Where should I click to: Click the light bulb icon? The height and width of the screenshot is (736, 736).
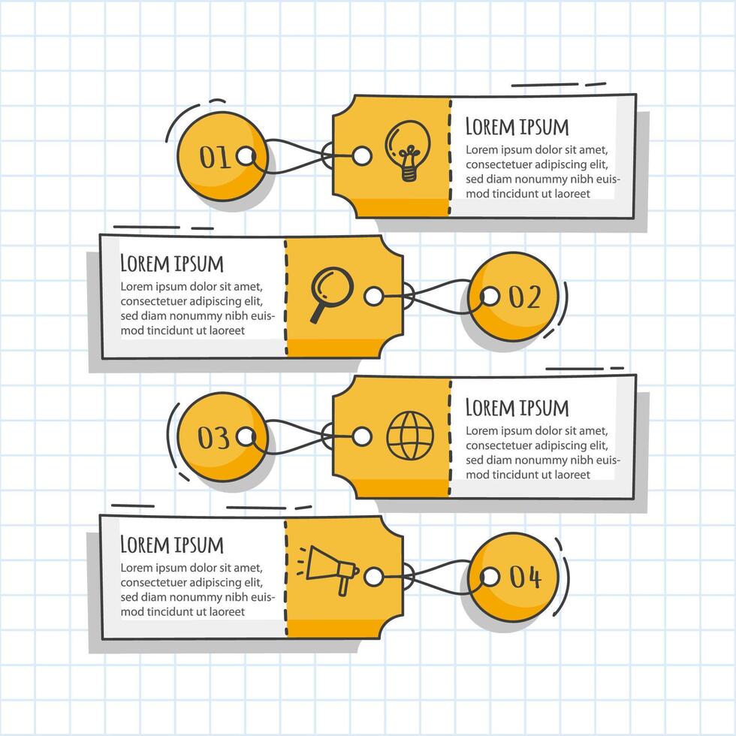[x=408, y=151]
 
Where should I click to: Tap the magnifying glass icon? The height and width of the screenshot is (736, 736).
[x=331, y=294]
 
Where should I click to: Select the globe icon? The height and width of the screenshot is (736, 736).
[x=410, y=436]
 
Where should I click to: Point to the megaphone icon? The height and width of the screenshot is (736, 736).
[x=328, y=569]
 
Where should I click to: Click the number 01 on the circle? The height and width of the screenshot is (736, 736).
[x=215, y=157]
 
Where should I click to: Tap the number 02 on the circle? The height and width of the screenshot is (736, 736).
[x=525, y=297]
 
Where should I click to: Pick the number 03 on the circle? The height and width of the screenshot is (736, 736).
[x=213, y=437]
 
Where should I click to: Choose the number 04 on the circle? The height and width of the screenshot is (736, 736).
[x=525, y=577]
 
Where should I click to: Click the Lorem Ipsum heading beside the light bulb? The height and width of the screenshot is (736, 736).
[x=517, y=127]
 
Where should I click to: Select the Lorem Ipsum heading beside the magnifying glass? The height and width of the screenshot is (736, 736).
[x=172, y=264]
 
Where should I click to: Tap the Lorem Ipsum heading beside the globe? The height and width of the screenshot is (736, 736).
[x=517, y=407]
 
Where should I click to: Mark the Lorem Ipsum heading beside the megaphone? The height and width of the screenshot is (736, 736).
[x=172, y=544]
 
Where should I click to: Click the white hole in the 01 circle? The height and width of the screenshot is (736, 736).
[x=246, y=156]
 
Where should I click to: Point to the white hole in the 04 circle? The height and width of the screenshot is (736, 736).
[x=490, y=577]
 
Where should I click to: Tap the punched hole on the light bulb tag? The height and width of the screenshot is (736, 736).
[x=362, y=156]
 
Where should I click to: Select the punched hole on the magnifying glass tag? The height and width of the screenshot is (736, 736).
[x=374, y=296]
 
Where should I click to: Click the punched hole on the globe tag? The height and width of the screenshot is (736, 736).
[x=362, y=436]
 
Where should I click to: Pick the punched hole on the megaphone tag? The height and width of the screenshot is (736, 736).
[x=374, y=577]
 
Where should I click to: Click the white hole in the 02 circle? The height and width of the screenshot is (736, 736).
[x=490, y=296]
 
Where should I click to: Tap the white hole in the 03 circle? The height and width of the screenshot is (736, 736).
[x=246, y=437]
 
